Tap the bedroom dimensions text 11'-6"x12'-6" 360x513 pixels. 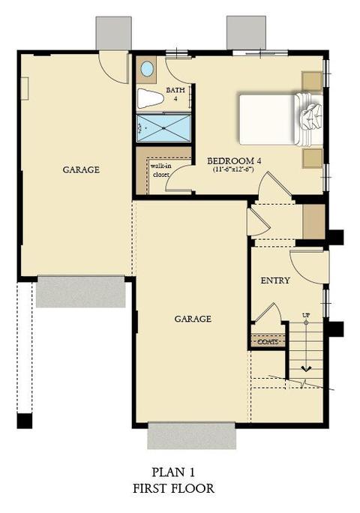click(233, 169)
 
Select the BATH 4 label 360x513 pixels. click(175, 94)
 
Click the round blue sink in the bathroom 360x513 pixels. click(147, 69)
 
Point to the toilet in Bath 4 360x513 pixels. click(150, 98)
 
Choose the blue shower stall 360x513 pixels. click(163, 128)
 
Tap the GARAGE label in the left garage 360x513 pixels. click(81, 169)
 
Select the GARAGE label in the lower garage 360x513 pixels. click(193, 319)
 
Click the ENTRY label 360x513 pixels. click(275, 280)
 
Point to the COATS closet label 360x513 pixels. click(268, 342)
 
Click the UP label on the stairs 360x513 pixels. click(306, 316)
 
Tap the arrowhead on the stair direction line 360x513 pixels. click(306, 369)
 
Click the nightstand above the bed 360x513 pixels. click(312, 81)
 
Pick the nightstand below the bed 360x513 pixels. click(312, 158)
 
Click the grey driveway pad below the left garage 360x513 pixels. click(80, 292)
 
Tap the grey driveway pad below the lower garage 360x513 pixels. click(192, 436)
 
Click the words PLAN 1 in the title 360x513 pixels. click(173, 472)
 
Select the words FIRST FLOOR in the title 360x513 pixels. click(173, 488)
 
